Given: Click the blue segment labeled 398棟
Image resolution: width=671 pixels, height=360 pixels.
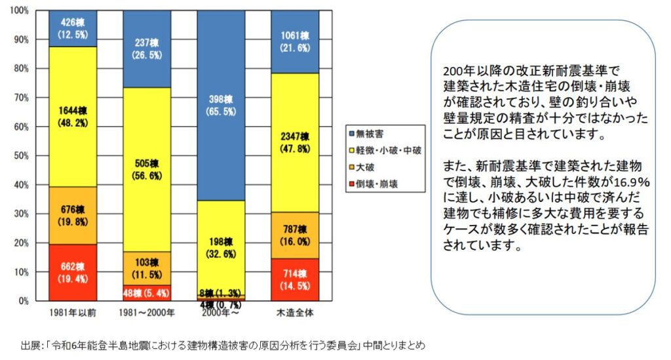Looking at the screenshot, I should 221,105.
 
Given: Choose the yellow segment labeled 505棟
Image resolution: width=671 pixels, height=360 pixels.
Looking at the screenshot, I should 147,169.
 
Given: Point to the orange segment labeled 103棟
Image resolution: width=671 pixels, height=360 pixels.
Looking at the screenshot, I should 147,268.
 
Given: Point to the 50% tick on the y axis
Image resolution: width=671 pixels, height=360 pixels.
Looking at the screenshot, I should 20,155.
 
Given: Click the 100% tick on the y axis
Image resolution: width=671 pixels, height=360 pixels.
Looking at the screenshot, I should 18,11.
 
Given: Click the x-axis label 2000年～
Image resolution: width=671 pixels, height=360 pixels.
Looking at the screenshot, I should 221,312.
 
